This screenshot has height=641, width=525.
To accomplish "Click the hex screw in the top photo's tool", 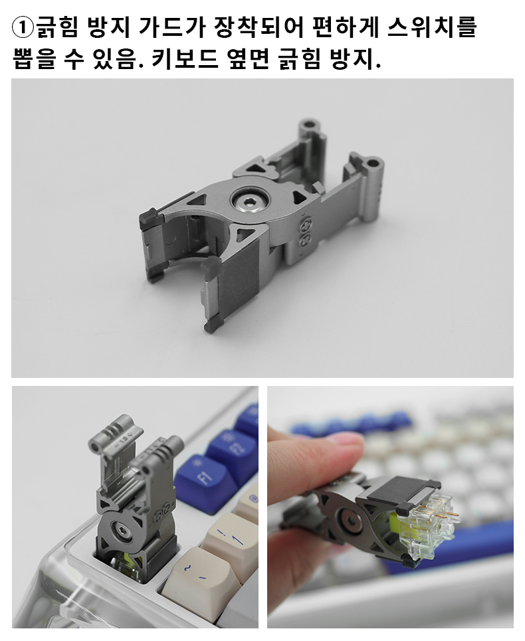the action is coord(250,201).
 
